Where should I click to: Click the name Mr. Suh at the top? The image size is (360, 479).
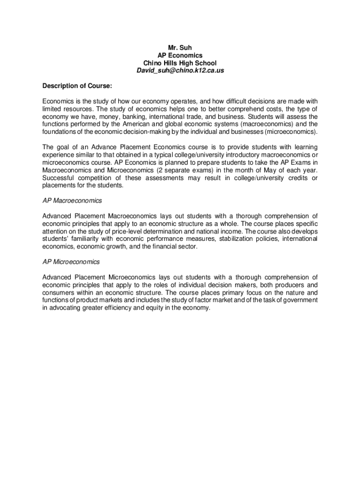(180, 47)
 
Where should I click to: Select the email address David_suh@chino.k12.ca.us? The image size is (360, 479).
(180, 70)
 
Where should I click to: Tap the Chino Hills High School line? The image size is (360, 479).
(180, 63)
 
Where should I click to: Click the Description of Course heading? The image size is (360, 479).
(77, 86)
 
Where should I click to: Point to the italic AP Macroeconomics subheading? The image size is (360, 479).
(72, 201)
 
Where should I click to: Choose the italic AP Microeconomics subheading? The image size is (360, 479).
(71, 262)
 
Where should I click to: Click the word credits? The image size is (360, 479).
(299, 178)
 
